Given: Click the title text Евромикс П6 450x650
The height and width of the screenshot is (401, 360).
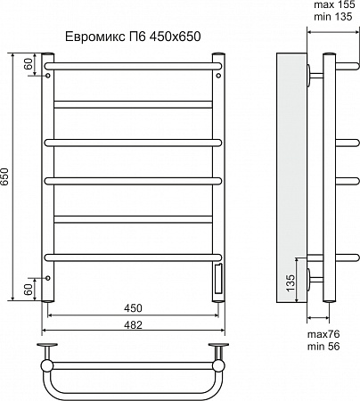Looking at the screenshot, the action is click(x=133, y=37).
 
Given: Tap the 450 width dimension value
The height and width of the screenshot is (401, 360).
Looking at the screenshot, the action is click(x=133, y=308).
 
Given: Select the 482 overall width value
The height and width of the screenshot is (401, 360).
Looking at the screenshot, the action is click(x=133, y=324).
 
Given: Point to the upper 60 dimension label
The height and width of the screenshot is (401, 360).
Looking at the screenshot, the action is click(x=29, y=63).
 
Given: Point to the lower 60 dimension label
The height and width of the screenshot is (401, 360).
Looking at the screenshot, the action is click(x=29, y=290).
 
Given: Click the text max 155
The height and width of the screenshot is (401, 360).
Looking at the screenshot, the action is click(x=334, y=4).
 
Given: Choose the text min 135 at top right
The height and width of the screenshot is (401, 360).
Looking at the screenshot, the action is click(x=333, y=17).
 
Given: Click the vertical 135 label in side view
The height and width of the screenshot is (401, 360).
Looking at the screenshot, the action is click(x=291, y=282).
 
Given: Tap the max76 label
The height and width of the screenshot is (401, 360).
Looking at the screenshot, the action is click(x=323, y=334).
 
